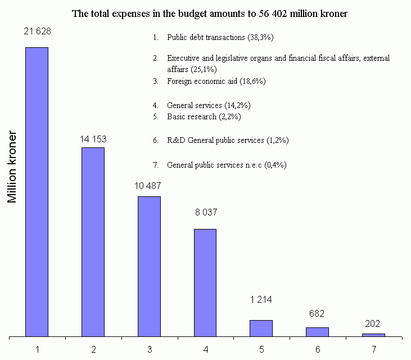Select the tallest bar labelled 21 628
pos(37,191)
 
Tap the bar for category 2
pos(93,242)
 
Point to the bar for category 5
pos(261,328)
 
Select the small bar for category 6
pos(318,332)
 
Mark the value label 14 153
pos(93,139)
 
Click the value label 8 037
pos(205,213)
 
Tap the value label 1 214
pos(261,300)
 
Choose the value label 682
pos(317,313)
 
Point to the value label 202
pos(372,323)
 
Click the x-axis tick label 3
pos(150,349)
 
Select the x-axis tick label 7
pos(374,349)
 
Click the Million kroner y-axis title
pos(14,169)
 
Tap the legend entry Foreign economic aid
pos(216,81)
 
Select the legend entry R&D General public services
pos(228,140)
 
